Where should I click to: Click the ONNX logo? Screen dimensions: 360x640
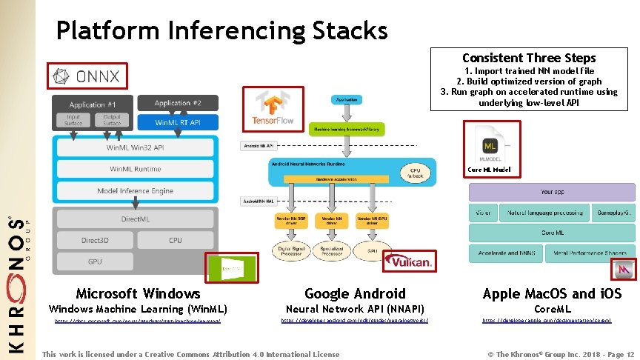click(87, 76)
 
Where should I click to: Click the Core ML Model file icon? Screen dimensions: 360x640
click(490, 145)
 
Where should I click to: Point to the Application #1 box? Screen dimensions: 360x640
click(93, 104)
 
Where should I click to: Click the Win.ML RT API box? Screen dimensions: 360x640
click(176, 121)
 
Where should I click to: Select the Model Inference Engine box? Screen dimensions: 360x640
click(135, 191)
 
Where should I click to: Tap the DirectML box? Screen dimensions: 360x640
click(135, 219)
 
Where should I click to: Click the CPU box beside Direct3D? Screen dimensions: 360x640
click(176, 240)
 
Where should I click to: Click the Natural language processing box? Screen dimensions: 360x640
click(544, 213)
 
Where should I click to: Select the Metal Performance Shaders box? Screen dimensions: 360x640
click(590, 253)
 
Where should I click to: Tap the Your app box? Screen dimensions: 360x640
click(552, 192)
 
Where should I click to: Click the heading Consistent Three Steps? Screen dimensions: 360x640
click(528, 58)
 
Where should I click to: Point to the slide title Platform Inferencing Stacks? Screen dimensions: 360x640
click(221, 30)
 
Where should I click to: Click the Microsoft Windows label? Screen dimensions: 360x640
click(138, 293)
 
